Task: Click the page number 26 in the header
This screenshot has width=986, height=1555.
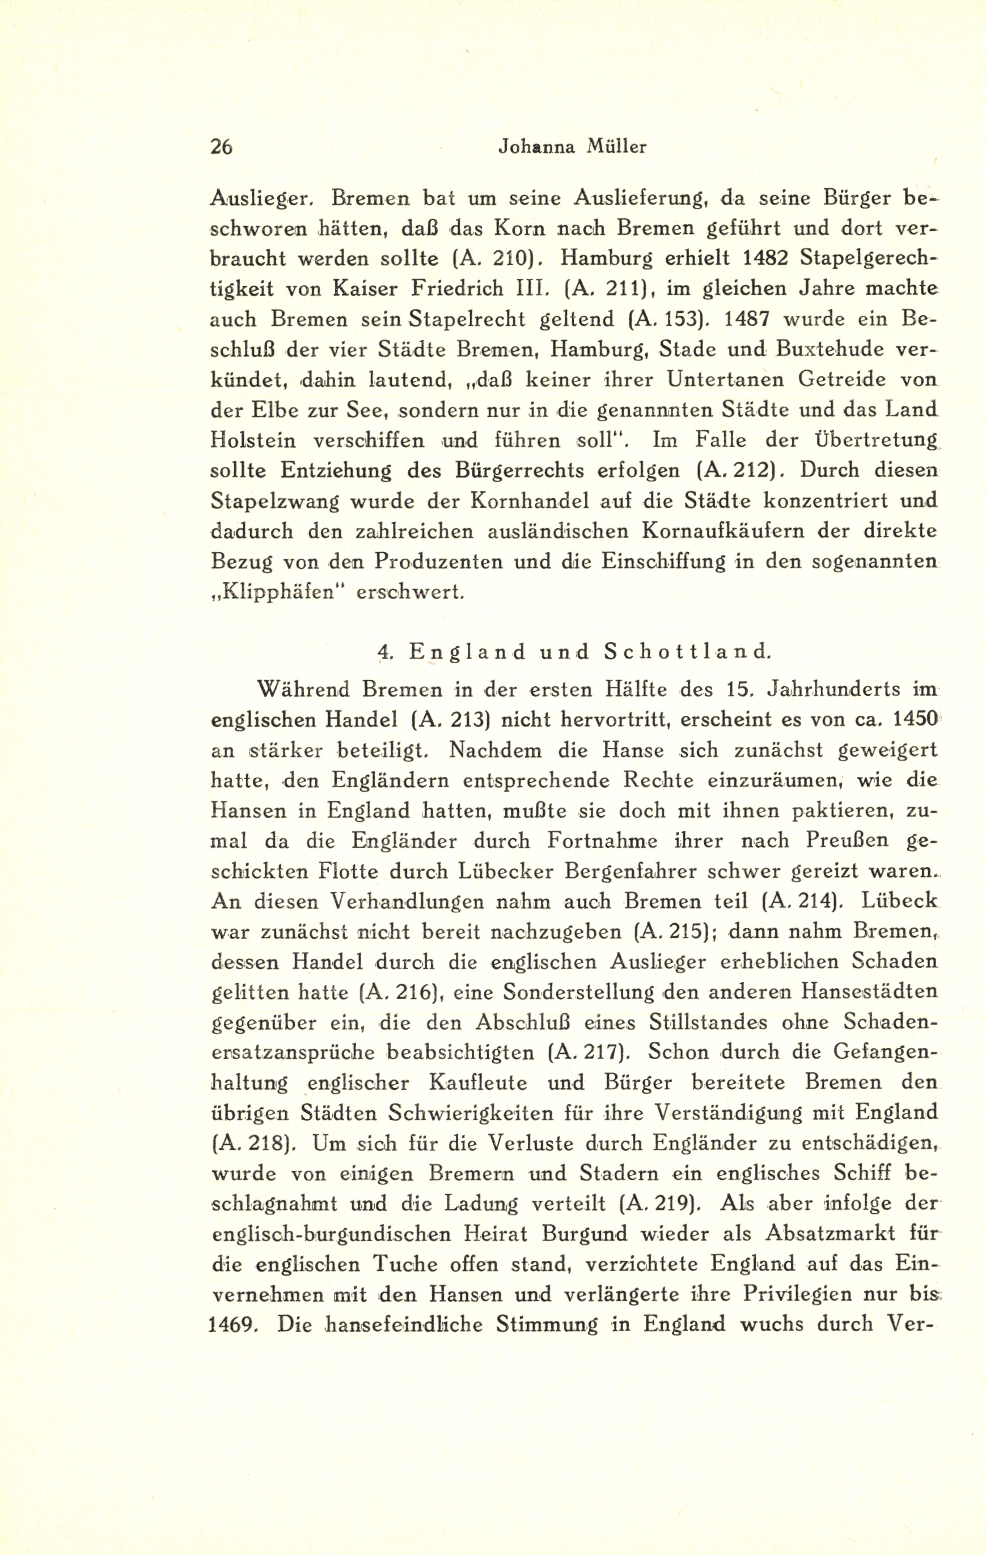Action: (x=221, y=147)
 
